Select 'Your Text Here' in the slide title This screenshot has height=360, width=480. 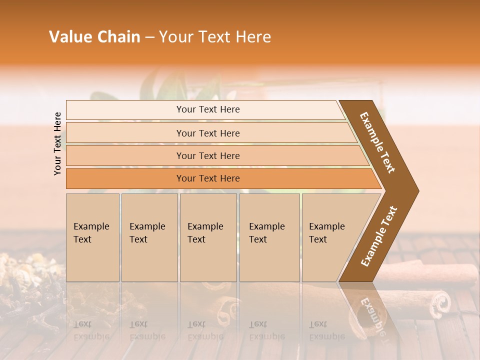point(215,37)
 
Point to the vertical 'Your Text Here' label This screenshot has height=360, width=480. point(57,144)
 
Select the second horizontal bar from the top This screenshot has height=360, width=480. point(207,133)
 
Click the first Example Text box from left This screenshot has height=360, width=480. point(92,237)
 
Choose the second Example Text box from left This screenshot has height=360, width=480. point(149,237)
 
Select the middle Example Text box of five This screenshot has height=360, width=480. point(208,237)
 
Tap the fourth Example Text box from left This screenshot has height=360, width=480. point(269,237)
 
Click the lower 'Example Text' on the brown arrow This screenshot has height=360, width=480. point(379,236)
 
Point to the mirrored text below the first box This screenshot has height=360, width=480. point(91,330)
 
